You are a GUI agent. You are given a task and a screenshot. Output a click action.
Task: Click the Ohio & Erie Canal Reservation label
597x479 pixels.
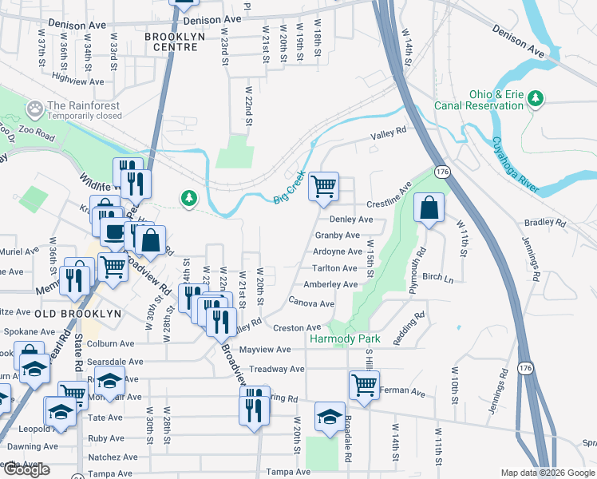[x=478, y=98]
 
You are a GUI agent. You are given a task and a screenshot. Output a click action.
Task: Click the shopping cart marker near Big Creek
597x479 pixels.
[x=324, y=187]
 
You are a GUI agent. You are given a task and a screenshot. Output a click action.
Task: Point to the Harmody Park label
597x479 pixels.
[x=345, y=339]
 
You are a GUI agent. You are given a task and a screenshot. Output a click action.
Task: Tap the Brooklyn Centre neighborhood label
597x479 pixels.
[x=171, y=42]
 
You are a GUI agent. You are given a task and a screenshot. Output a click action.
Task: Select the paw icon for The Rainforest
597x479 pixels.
[x=35, y=107]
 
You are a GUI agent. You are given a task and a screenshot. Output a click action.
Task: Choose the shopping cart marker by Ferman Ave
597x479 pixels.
[x=364, y=386]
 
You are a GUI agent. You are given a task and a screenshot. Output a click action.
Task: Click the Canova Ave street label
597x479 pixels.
[x=311, y=303]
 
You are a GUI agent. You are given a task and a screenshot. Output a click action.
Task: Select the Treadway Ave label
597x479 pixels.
[x=276, y=370]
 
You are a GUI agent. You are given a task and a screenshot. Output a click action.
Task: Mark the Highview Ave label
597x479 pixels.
[x=77, y=81]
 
